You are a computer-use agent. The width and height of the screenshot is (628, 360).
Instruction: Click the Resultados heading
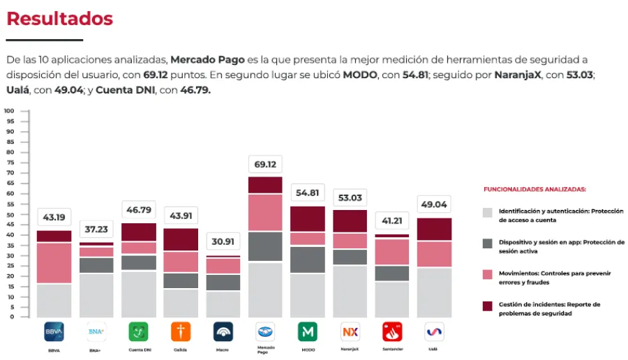59,19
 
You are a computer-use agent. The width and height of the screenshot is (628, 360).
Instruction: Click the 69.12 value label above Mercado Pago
265,165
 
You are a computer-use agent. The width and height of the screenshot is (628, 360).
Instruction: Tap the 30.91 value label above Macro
223,241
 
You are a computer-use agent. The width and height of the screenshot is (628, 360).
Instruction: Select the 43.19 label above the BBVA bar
54,218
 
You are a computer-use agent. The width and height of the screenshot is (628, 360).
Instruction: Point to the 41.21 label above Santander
392,221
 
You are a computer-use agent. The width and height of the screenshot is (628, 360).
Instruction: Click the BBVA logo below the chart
54,331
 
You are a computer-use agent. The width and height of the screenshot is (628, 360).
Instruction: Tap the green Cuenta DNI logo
138,331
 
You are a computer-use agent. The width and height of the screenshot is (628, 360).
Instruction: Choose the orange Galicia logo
181,331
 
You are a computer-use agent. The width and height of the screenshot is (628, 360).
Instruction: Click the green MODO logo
308,331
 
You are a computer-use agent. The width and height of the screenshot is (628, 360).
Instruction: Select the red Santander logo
392,331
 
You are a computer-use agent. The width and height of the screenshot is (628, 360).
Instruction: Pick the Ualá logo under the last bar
434,331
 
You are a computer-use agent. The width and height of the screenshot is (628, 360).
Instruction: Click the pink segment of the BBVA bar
54,263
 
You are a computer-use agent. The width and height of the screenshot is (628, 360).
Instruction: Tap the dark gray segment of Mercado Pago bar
265,247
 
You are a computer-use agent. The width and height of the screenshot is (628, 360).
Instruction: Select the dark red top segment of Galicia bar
181,239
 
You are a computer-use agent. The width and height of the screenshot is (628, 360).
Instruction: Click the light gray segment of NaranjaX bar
350,291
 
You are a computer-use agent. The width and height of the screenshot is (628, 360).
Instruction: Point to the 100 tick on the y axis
9,111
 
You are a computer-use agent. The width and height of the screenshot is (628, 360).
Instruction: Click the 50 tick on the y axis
10,214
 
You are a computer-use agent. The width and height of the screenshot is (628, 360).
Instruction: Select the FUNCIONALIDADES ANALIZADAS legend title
534,189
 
